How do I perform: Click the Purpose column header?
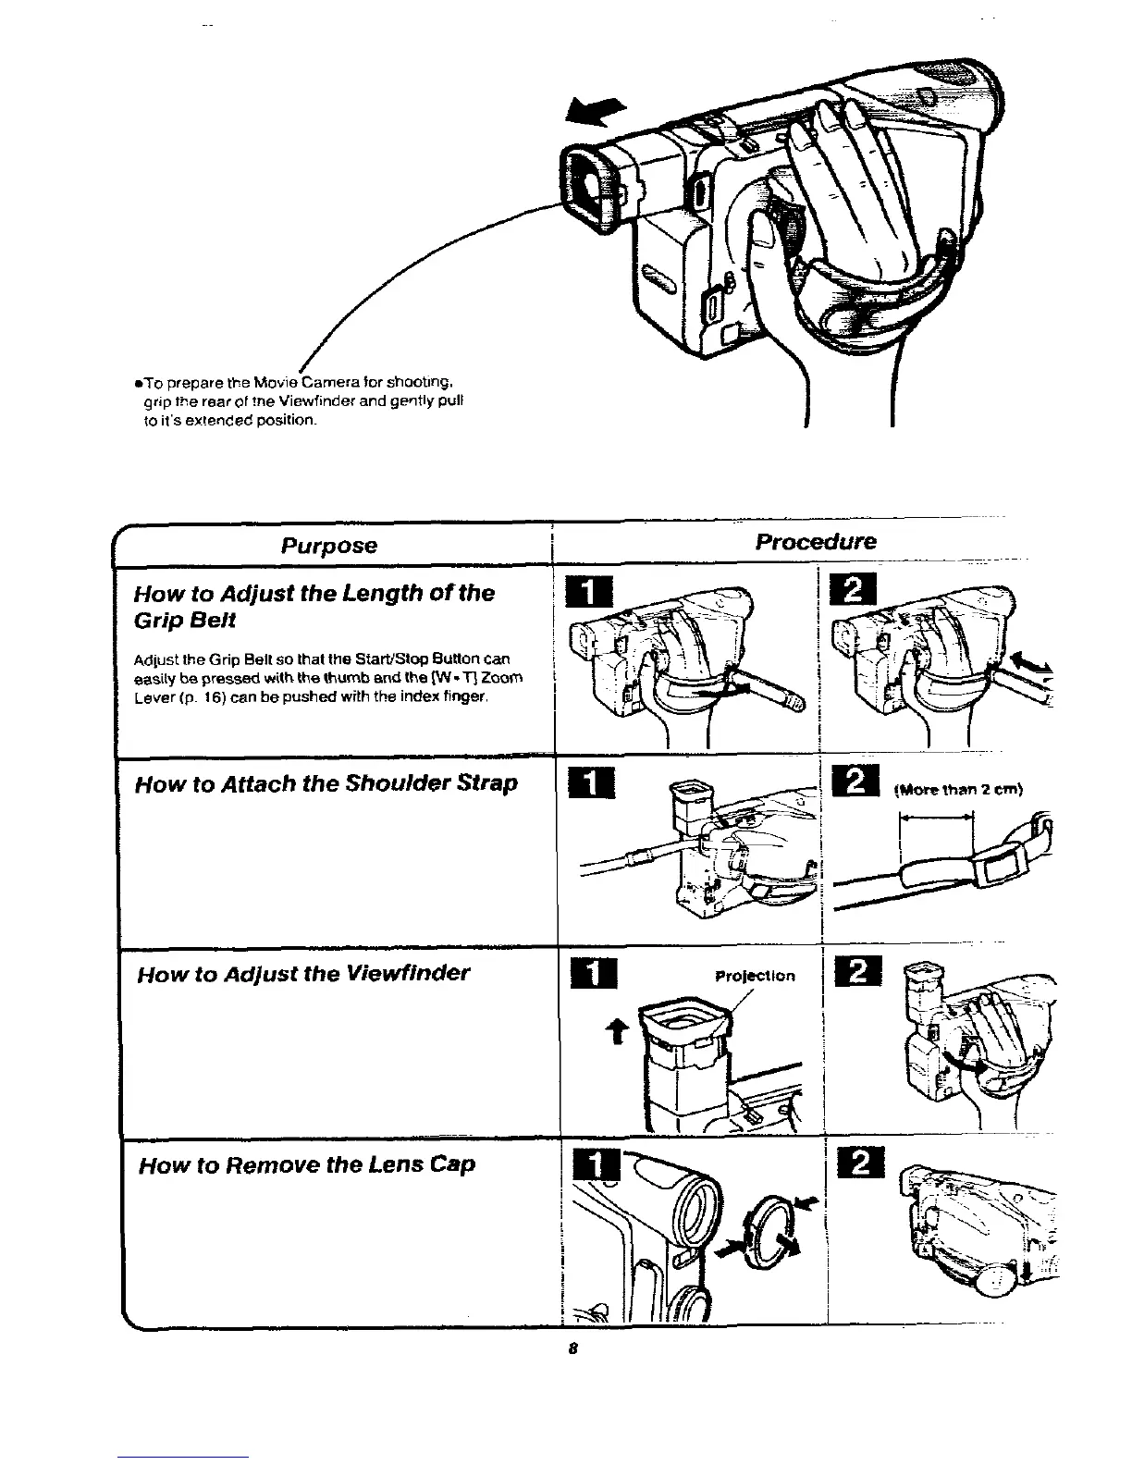point(329,545)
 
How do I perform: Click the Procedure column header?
point(815,541)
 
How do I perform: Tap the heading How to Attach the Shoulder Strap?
point(326,784)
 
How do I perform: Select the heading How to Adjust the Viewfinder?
point(303,973)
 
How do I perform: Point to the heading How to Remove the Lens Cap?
point(306,1163)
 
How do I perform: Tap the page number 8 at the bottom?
point(573,1348)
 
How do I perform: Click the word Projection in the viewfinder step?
point(755,976)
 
